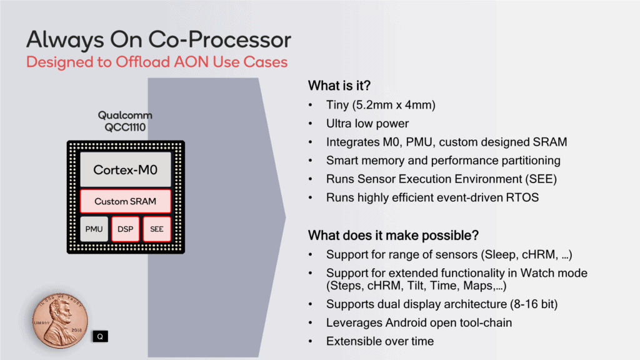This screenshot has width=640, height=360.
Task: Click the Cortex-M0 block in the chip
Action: (x=126, y=169)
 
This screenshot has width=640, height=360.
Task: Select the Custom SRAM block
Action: (x=126, y=201)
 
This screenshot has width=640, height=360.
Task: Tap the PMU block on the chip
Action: (x=94, y=229)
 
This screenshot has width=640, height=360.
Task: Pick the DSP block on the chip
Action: (x=126, y=229)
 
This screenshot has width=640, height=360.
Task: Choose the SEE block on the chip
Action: (x=157, y=229)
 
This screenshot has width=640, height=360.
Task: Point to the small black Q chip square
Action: (x=100, y=336)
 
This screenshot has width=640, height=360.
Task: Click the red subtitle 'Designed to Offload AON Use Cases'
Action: (x=157, y=62)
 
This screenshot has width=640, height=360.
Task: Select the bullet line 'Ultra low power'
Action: (x=367, y=124)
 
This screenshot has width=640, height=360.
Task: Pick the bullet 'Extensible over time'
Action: (x=380, y=341)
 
